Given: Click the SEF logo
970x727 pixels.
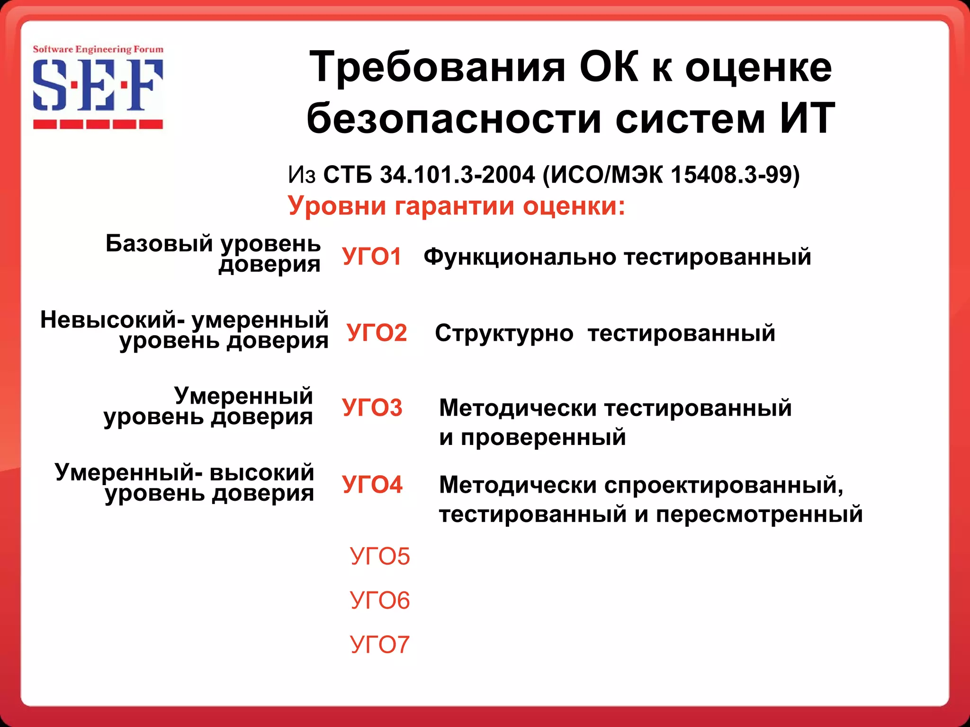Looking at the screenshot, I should pos(98,88).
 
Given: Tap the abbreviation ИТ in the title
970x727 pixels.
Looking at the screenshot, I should pos(807,118).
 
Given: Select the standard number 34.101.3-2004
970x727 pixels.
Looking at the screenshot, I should pos(457,175).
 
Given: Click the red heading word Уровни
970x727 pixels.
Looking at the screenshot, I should pos(336,206).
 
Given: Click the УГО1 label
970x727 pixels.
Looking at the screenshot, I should pos(372,257).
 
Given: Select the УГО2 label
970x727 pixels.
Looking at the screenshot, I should pos(377,332).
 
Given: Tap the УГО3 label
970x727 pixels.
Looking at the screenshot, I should pos(372,408).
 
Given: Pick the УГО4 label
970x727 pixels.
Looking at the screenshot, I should pos(372,484).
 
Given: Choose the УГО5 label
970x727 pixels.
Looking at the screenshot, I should pos(380,556).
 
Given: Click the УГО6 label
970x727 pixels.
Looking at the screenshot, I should pos(380,600).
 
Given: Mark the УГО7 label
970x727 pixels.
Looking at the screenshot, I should pos(380,644).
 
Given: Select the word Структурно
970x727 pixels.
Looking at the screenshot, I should pos(504,333).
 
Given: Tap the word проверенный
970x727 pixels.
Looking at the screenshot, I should pos(543,438).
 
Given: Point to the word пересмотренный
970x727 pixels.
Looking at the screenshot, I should pos(759,514).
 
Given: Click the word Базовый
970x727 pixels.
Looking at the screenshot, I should pos(159,243).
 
